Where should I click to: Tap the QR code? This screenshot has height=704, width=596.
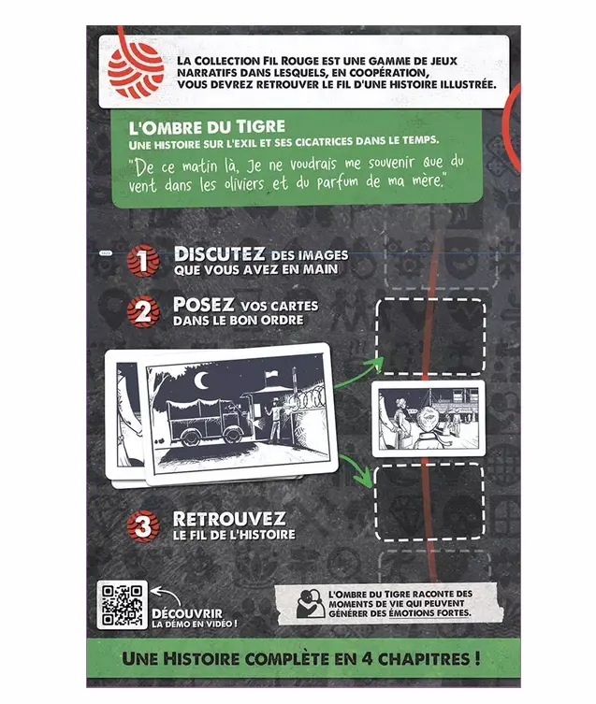[122, 605]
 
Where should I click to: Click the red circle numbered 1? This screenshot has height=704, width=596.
[143, 261]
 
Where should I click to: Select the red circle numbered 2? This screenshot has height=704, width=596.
[143, 311]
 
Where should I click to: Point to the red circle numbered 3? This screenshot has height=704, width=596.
[143, 525]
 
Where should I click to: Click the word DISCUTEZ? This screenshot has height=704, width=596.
[219, 254]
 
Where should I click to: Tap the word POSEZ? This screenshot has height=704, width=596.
[204, 305]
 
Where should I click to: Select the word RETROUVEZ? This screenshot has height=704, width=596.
[229, 520]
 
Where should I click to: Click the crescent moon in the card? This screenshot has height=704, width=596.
[201, 381]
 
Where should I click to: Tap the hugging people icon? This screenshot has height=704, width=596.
[310, 603]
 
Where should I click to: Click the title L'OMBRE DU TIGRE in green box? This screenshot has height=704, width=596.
[207, 127]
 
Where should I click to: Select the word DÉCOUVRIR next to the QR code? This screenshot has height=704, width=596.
[187, 613]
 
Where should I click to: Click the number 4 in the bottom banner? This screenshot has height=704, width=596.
[366, 658]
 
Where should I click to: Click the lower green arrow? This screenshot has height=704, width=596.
[357, 470]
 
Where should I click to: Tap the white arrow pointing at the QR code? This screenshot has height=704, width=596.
[166, 596]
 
